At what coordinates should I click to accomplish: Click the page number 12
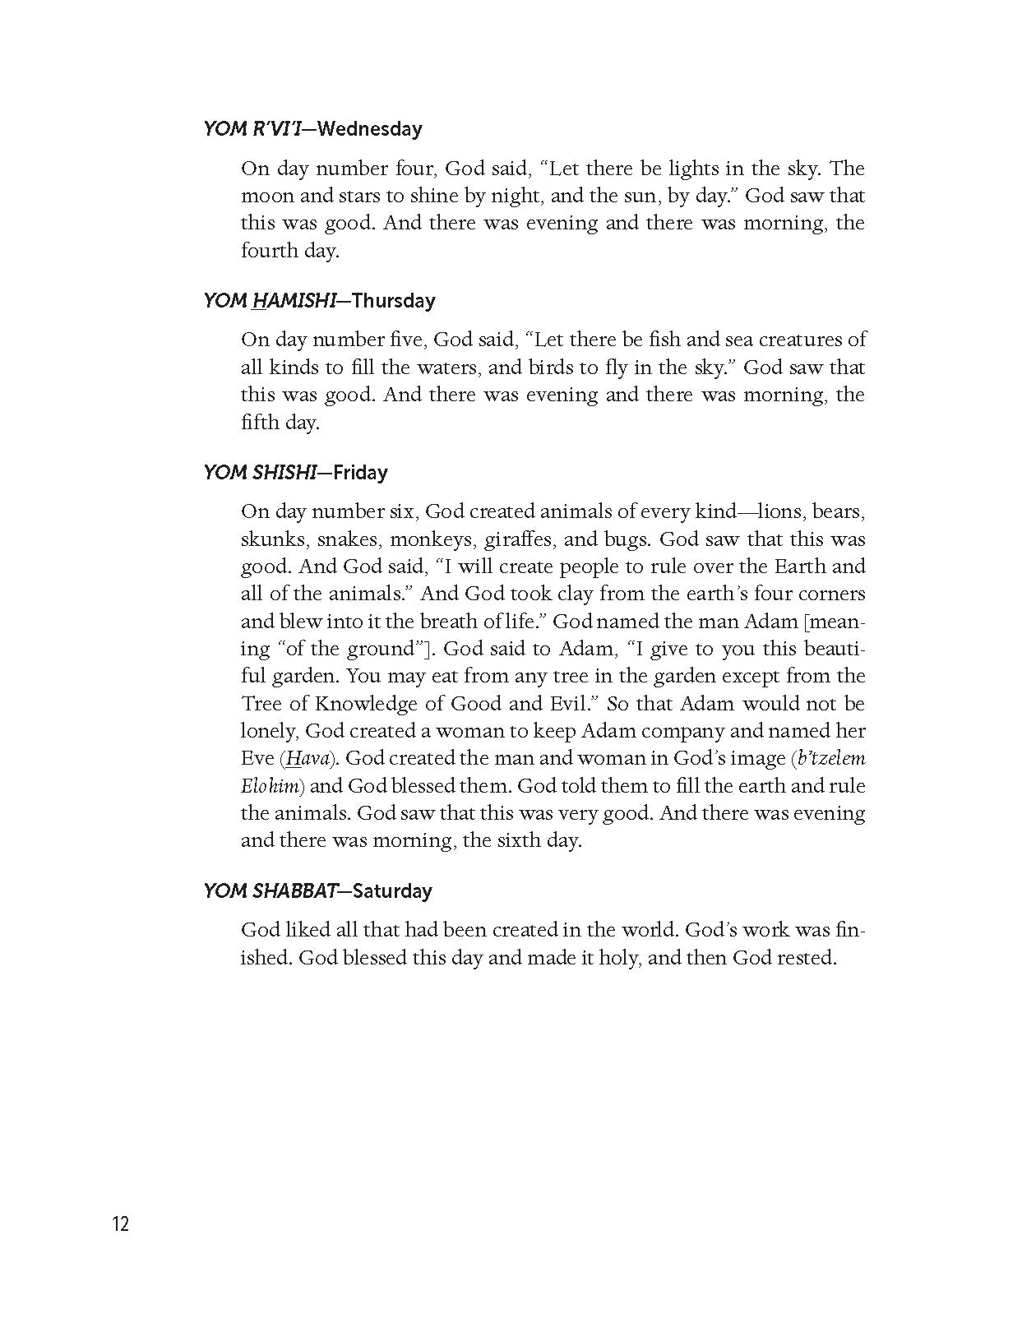click(121, 1223)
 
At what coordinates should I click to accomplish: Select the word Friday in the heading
click(360, 473)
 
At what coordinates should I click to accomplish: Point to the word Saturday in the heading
click(392, 891)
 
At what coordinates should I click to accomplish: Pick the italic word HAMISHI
click(294, 301)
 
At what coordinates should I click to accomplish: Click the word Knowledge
click(354, 704)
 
